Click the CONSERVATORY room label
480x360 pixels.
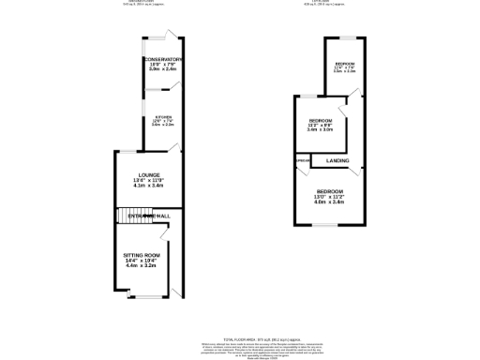coord(162,59)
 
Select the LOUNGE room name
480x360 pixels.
coord(149,174)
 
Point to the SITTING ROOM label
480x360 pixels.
coord(143,255)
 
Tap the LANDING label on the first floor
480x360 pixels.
coord(337,161)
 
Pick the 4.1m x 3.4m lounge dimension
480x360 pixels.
coord(149,186)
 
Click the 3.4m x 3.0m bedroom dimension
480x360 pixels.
coord(321,129)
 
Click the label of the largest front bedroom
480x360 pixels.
coord(330,190)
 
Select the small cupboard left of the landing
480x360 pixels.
coord(302,161)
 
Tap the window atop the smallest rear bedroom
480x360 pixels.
coord(345,37)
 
